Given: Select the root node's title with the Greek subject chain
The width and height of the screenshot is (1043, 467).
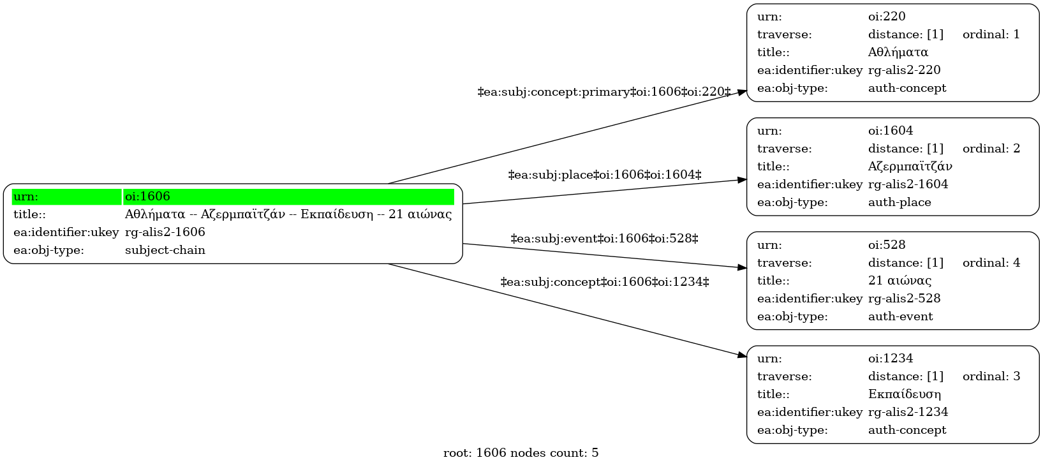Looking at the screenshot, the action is pyautogui.click(x=288, y=214).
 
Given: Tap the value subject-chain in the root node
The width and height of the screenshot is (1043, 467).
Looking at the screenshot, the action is pyautogui.click(x=165, y=250).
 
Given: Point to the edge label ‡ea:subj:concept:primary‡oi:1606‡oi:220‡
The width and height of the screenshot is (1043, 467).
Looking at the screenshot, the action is pyautogui.click(x=604, y=92).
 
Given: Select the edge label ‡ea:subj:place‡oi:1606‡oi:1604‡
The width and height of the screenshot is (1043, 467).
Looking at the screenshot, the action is pyautogui.click(x=604, y=175).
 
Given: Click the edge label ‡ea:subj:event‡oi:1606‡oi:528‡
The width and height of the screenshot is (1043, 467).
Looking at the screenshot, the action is pyautogui.click(x=604, y=239).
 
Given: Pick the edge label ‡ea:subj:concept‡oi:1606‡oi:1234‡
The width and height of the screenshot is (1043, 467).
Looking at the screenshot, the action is pyautogui.click(x=604, y=282).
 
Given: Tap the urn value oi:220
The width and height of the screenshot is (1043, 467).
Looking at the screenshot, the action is pyautogui.click(x=887, y=17).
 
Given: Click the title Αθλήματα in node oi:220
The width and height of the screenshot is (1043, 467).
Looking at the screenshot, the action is pyautogui.click(x=898, y=52).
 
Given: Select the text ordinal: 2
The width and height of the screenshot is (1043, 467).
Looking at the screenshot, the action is pyautogui.click(x=991, y=149).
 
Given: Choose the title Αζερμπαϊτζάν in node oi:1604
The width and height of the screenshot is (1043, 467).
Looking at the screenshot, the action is pyautogui.click(x=910, y=167).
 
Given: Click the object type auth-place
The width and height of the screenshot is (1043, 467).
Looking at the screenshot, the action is pyautogui.click(x=899, y=202).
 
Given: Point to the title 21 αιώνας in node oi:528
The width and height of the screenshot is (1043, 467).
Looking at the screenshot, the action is pyautogui.click(x=899, y=280).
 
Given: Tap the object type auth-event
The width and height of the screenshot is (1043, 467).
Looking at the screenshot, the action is pyautogui.click(x=901, y=316).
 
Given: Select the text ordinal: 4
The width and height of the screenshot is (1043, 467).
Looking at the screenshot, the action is pyautogui.click(x=991, y=263).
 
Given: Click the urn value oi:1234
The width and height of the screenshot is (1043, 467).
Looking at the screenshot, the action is pyautogui.click(x=891, y=358).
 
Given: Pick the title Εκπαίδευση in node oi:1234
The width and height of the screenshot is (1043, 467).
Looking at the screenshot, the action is pyautogui.click(x=904, y=394).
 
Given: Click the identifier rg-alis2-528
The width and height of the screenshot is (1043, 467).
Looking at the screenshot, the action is pyautogui.click(x=904, y=298).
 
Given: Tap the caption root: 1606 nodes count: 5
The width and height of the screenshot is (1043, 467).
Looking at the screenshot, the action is pyautogui.click(x=521, y=452).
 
